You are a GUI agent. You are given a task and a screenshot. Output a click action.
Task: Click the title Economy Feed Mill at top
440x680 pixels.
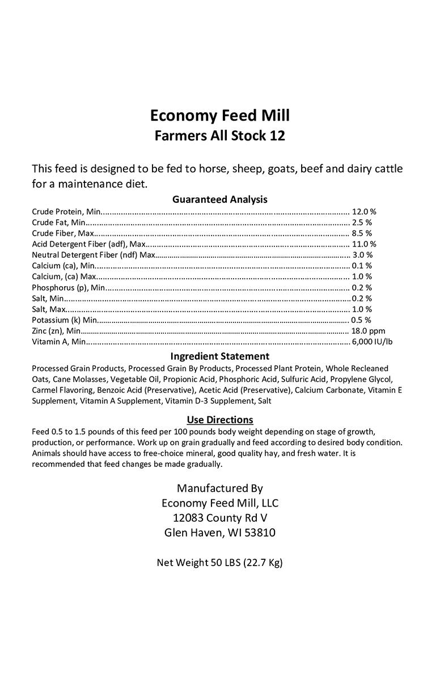(x=219, y=116)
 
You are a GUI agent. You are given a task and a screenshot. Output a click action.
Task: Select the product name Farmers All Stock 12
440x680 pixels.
(x=219, y=136)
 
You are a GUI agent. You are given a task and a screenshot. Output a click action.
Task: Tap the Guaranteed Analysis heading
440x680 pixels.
(x=219, y=199)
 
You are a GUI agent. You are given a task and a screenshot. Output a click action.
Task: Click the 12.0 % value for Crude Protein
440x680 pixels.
(x=364, y=211)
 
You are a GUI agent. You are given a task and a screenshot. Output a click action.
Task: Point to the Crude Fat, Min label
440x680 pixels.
(x=58, y=222)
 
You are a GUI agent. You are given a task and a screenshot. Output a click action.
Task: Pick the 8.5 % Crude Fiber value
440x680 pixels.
(x=362, y=233)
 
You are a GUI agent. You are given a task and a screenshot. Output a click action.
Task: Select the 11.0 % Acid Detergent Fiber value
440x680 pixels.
(x=364, y=244)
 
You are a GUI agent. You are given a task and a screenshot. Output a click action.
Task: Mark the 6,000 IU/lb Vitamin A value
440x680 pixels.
(x=372, y=342)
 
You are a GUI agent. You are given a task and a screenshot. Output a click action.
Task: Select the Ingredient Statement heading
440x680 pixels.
(x=219, y=356)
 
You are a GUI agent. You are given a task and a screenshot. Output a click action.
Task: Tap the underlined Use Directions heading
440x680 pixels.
(x=219, y=420)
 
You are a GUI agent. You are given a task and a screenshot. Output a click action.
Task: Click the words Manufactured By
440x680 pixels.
(x=219, y=488)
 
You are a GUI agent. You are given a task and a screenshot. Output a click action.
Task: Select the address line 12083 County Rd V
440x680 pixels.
(x=219, y=517)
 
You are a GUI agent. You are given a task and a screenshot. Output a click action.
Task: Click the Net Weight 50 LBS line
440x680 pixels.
(x=219, y=563)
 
